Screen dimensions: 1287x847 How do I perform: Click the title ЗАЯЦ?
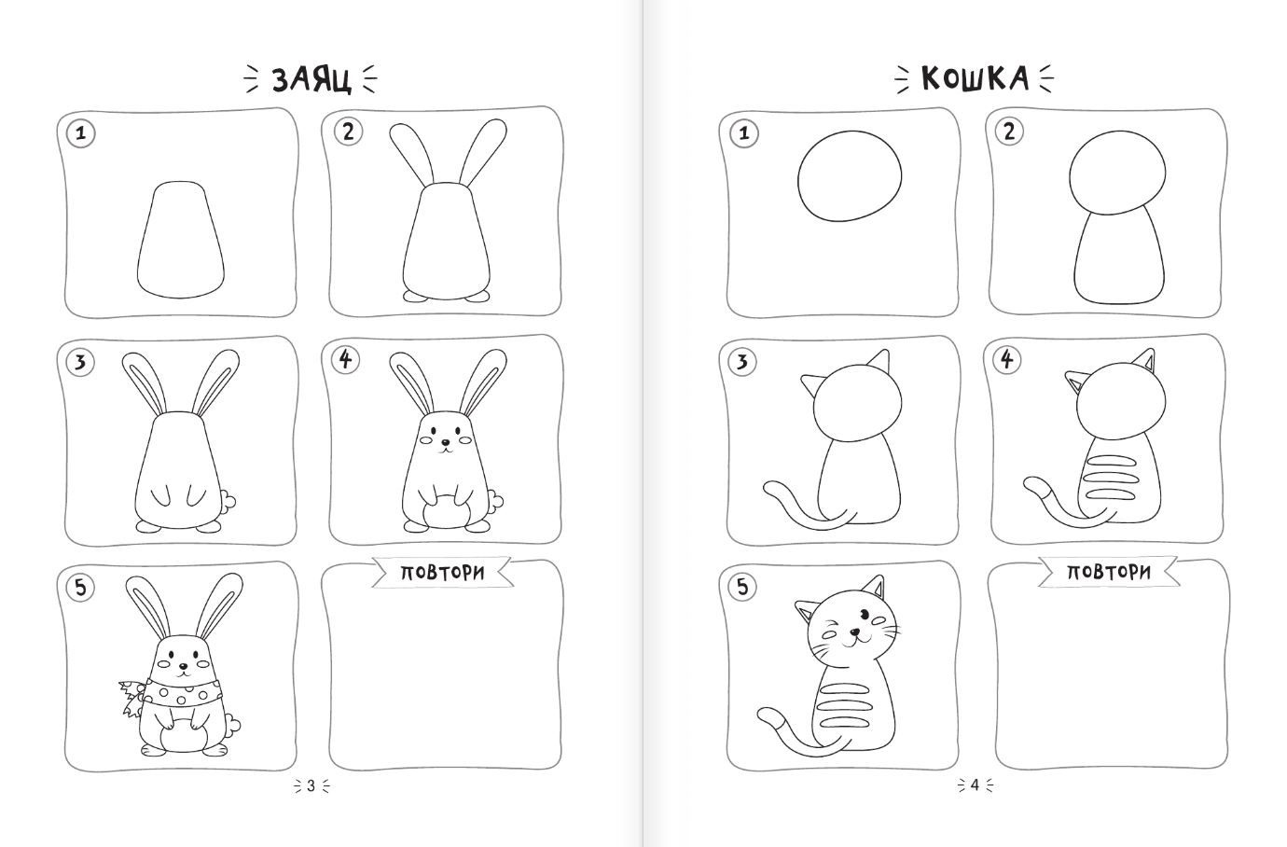(x=311, y=79)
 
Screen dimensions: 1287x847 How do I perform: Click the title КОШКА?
(x=975, y=78)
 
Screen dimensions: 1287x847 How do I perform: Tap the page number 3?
(x=311, y=785)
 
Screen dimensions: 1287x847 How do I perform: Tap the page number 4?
(x=975, y=785)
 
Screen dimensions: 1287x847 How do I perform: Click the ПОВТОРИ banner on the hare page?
(x=442, y=573)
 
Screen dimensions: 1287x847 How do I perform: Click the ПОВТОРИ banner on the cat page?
(x=1109, y=571)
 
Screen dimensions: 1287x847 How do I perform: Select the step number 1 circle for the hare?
(x=80, y=133)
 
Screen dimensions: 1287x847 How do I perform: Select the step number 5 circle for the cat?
(x=742, y=588)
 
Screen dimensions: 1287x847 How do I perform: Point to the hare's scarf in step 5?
(x=173, y=695)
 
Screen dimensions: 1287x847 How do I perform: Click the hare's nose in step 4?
(x=445, y=442)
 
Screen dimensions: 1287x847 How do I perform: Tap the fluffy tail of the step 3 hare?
(x=228, y=501)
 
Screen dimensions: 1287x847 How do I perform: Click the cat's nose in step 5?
(x=855, y=632)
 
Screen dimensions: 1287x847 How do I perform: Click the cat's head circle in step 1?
(x=850, y=175)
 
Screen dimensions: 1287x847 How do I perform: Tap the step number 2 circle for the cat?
(x=1009, y=132)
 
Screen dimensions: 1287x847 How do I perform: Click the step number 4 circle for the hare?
(x=345, y=360)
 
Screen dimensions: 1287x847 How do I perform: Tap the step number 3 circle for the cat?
(x=742, y=362)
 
